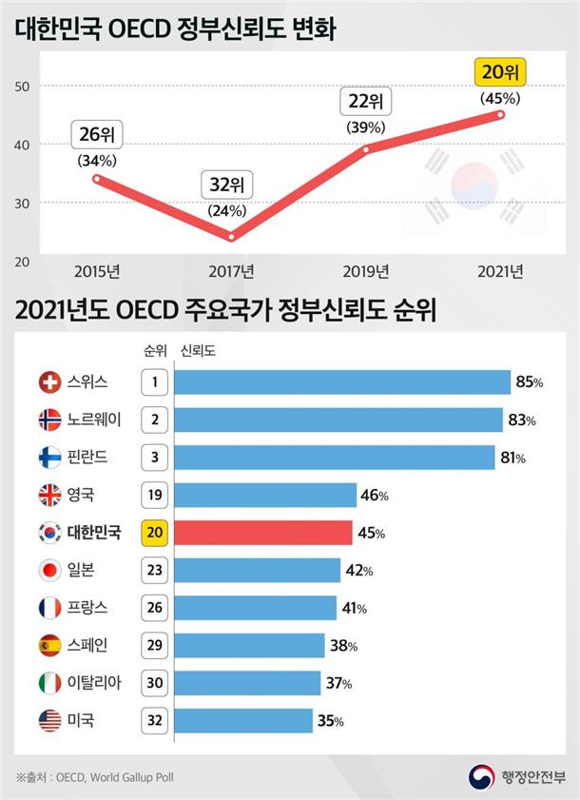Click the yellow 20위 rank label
pyautogui.click(x=500, y=73)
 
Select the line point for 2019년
pyautogui.click(x=366, y=148)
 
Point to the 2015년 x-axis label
pyautogui.click(x=96, y=272)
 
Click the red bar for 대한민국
pyautogui.click(x=263, y=533)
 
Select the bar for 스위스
pyautogui.click(x=342, y=382)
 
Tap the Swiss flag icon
pyautogui.click(x=49, y=382)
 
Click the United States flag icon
pyautogui.click(x=49, y=720)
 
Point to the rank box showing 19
pyautogui.click(x=155, y=495)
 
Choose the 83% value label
pyautogui.click(x=521, y=420)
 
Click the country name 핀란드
pyautogui.click(x=87, y=458)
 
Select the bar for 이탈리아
pyautogui.click(x=248, y=683)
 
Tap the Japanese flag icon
pyautogui.click(x=49, y=571)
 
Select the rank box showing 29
pyautogui.click(x=155, y=645)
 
